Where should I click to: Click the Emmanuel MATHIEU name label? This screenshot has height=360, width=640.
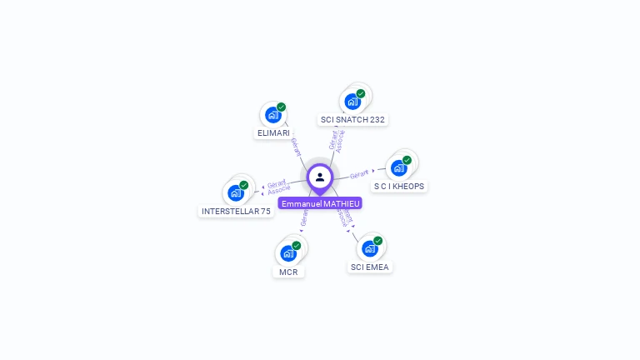point(320,203)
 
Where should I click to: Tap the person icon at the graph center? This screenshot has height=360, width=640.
point(320,177)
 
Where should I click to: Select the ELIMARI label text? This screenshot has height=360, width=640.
point(273,133)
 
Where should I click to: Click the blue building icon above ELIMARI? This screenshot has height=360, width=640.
point(272,115)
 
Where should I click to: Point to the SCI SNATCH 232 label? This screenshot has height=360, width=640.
point(352,120)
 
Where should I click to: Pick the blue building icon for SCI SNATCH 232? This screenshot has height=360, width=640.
point(352,102)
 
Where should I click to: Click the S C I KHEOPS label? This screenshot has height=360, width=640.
point(399,187)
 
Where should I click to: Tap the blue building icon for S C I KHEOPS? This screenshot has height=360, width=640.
point(398,168)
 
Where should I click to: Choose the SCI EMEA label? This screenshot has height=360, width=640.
point(370,267)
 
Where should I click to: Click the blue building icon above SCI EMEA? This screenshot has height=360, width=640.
point(369,248)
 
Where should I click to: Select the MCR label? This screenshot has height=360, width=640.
point(288,272)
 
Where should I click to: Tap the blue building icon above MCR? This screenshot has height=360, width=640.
point(288,253)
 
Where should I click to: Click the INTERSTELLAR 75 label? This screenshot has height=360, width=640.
point(236,212)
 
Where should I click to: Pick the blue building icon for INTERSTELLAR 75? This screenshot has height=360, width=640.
point(236,192)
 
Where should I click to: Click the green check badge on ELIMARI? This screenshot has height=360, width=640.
point(282,107)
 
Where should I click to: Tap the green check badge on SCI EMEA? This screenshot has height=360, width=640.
point(378,241)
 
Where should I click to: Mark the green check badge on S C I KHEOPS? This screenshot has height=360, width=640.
point(407,160)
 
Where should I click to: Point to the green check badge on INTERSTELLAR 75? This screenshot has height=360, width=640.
point(244,185)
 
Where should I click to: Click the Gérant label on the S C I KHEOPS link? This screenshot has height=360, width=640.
point(359,175)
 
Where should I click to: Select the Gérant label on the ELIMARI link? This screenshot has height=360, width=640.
point(296,147)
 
